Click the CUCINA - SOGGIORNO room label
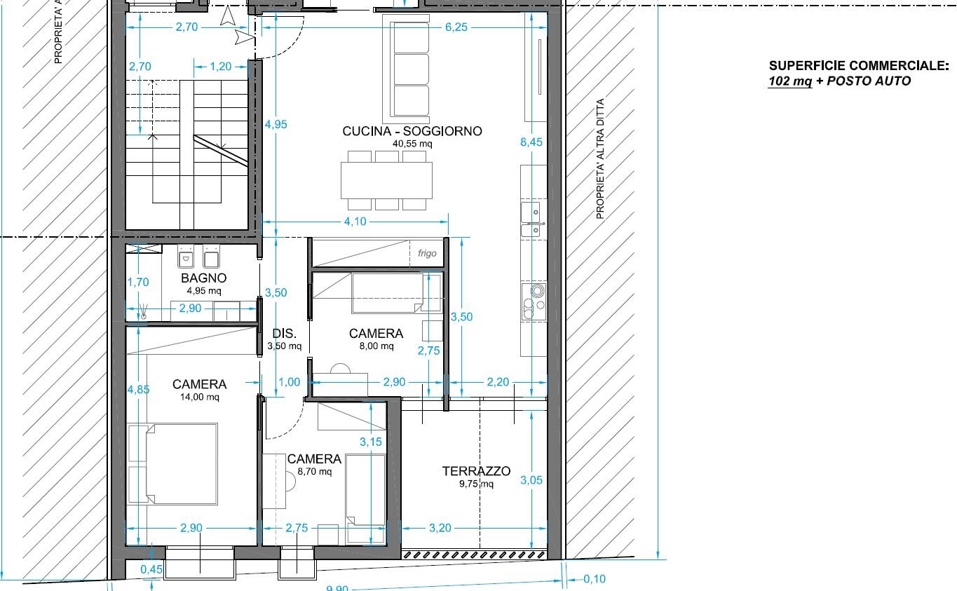pyautogui.click(x=412, y=131)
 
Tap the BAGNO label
pyautogui.click(x=203, y=278)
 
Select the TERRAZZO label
pyautogui.click(x=476, y=471)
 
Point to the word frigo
pyautogui.click(x=427, y=253)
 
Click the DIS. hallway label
pyautogui.click(x=284, y=333)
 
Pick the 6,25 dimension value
pyautogui.click(x=456, y=27)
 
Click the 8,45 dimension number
pyautogui.click(x=531, y=142)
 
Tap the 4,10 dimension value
pyautogui.click(x=355, y=222)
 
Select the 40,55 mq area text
pyautogui.click(x=412, y=144)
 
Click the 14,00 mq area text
pyautogui.click(x=200, y=397)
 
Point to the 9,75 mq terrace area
pyautogui.click(x=476, y=484)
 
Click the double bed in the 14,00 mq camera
pyautogui.click(x=172, y=463)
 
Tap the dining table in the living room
pyautogui.click(x=386, y=180)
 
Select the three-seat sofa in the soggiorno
pyautogui.click(x=406, y=69)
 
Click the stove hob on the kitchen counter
pyautogui.click(x=534, y=301)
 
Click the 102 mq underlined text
pyautogui.click(x=790, y=81)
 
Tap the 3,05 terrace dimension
pyautogui.click(x=531, y=480)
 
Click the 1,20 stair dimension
pyautogui.click(x=220, y=67)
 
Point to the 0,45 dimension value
pyautogui.click(x=151, y=569)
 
